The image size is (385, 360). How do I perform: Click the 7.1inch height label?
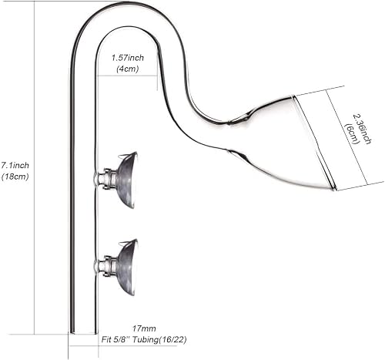pos(15,165)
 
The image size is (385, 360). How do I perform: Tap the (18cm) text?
pos(15,177)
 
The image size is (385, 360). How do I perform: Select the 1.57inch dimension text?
pos(127,58)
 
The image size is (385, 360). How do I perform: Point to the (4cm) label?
pos(128,69)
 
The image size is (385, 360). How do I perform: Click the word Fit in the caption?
pos(106,340)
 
